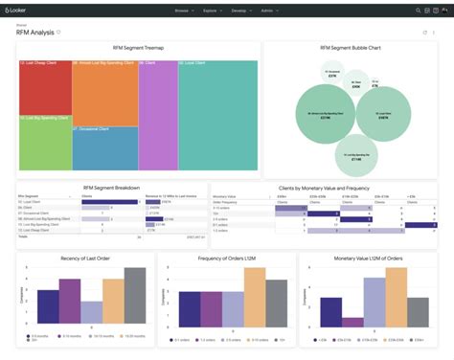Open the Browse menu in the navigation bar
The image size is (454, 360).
click(184, 10)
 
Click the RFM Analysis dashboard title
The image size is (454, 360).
click(35, 33)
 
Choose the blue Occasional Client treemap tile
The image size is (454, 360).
click(104, 148)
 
